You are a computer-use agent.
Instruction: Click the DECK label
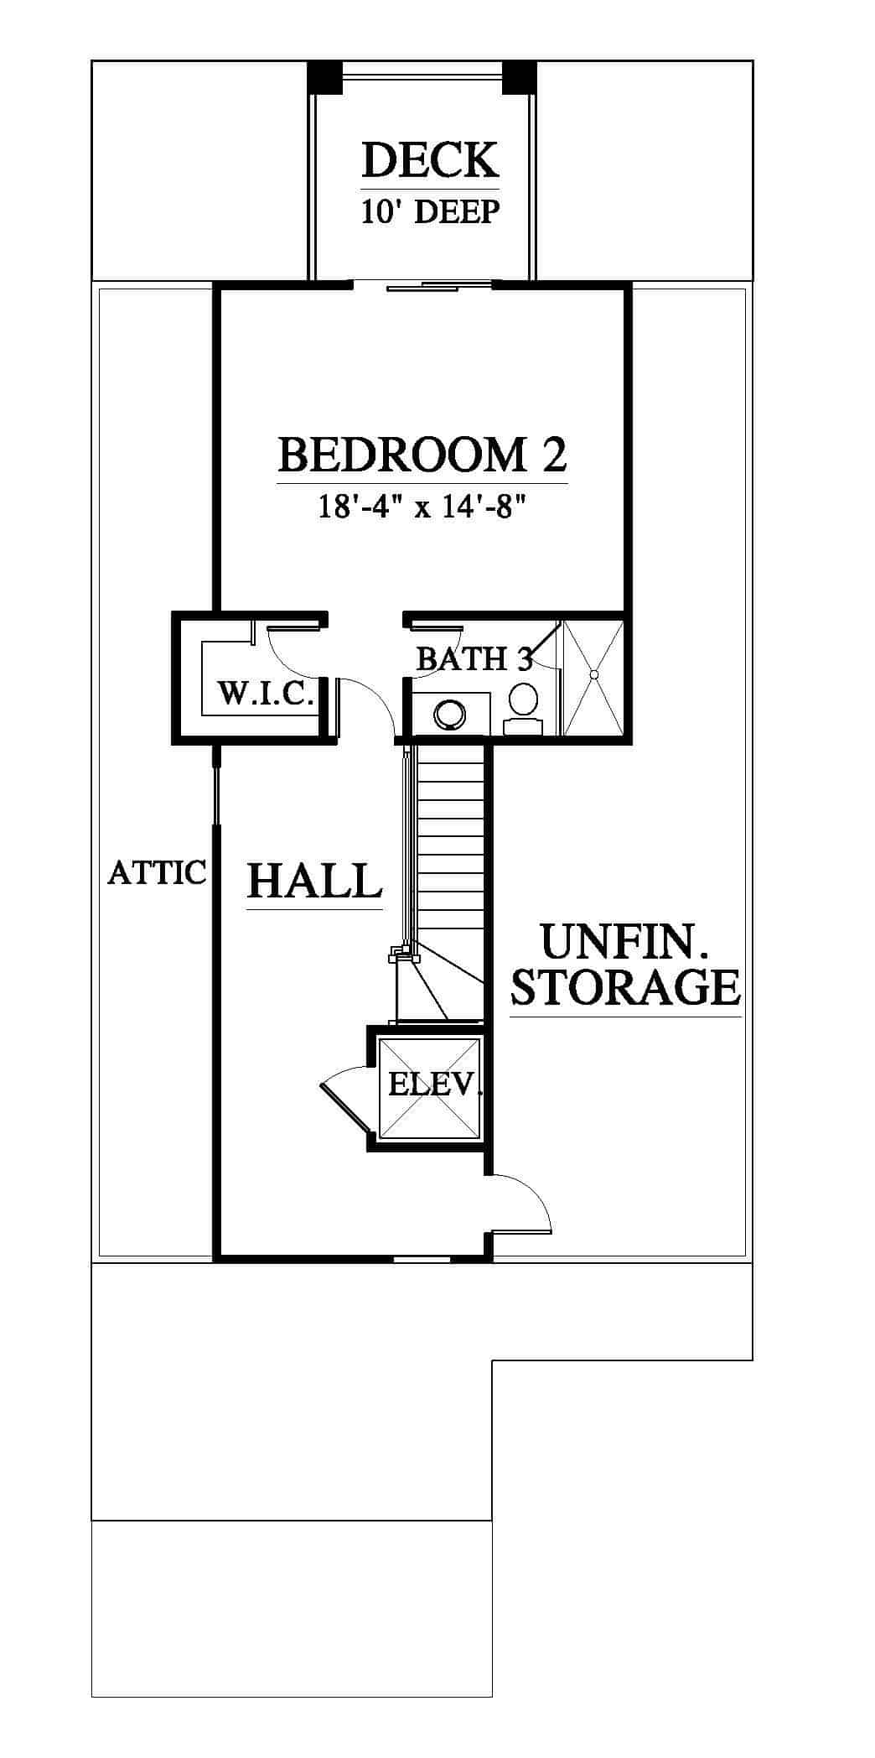pos(430,160)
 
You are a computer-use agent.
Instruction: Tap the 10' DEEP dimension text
pos(430,212)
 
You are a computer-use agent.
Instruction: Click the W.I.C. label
pos(266,694)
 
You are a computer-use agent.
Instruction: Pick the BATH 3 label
pos(474,658)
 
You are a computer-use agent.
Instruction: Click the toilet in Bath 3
pos(524,709)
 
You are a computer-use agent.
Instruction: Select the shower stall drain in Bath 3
pos(593,674)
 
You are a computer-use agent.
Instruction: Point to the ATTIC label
pos(158,872)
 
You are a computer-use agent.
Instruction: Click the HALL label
pos(315,882)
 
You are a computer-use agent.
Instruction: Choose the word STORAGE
pos(626,987)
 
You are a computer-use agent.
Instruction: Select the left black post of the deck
pos(324,78)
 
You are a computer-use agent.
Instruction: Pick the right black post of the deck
pos(519,78)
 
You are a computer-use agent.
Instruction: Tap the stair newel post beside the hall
pos(404,954)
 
